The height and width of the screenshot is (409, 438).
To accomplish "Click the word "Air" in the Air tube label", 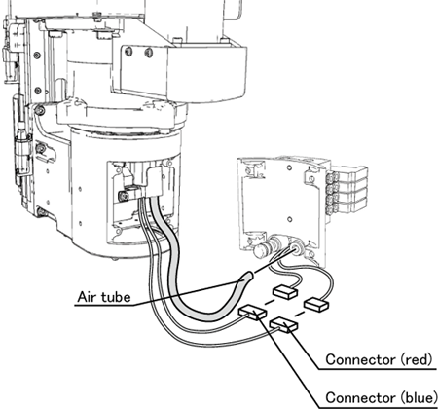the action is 88,297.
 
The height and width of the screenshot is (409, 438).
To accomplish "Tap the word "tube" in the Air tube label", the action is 116,297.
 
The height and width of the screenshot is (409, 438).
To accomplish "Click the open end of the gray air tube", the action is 248,277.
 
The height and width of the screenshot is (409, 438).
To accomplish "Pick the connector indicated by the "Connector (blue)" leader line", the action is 252,313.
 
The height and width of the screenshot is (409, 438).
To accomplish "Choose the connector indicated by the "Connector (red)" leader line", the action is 283,324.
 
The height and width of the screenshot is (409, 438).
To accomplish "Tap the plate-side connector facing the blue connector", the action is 284,292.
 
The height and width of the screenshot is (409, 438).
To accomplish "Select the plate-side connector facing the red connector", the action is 316,305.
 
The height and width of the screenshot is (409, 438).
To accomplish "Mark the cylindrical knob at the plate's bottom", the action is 264,249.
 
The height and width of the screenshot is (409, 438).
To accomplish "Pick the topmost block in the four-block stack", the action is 348,175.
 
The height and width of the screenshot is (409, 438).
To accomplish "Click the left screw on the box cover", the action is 128,52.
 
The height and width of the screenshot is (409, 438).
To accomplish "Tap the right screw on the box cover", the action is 148,52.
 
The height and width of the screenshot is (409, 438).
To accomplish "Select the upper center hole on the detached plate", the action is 289,167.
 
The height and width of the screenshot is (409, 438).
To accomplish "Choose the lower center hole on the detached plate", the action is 290,220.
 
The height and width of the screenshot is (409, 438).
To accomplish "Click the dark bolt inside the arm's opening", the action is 124,196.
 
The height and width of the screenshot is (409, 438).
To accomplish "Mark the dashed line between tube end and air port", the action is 271,263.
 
